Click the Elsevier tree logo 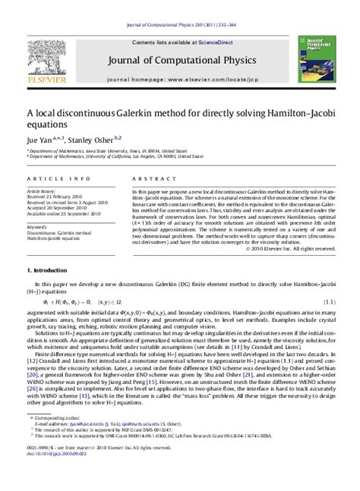tap(45, 49)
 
